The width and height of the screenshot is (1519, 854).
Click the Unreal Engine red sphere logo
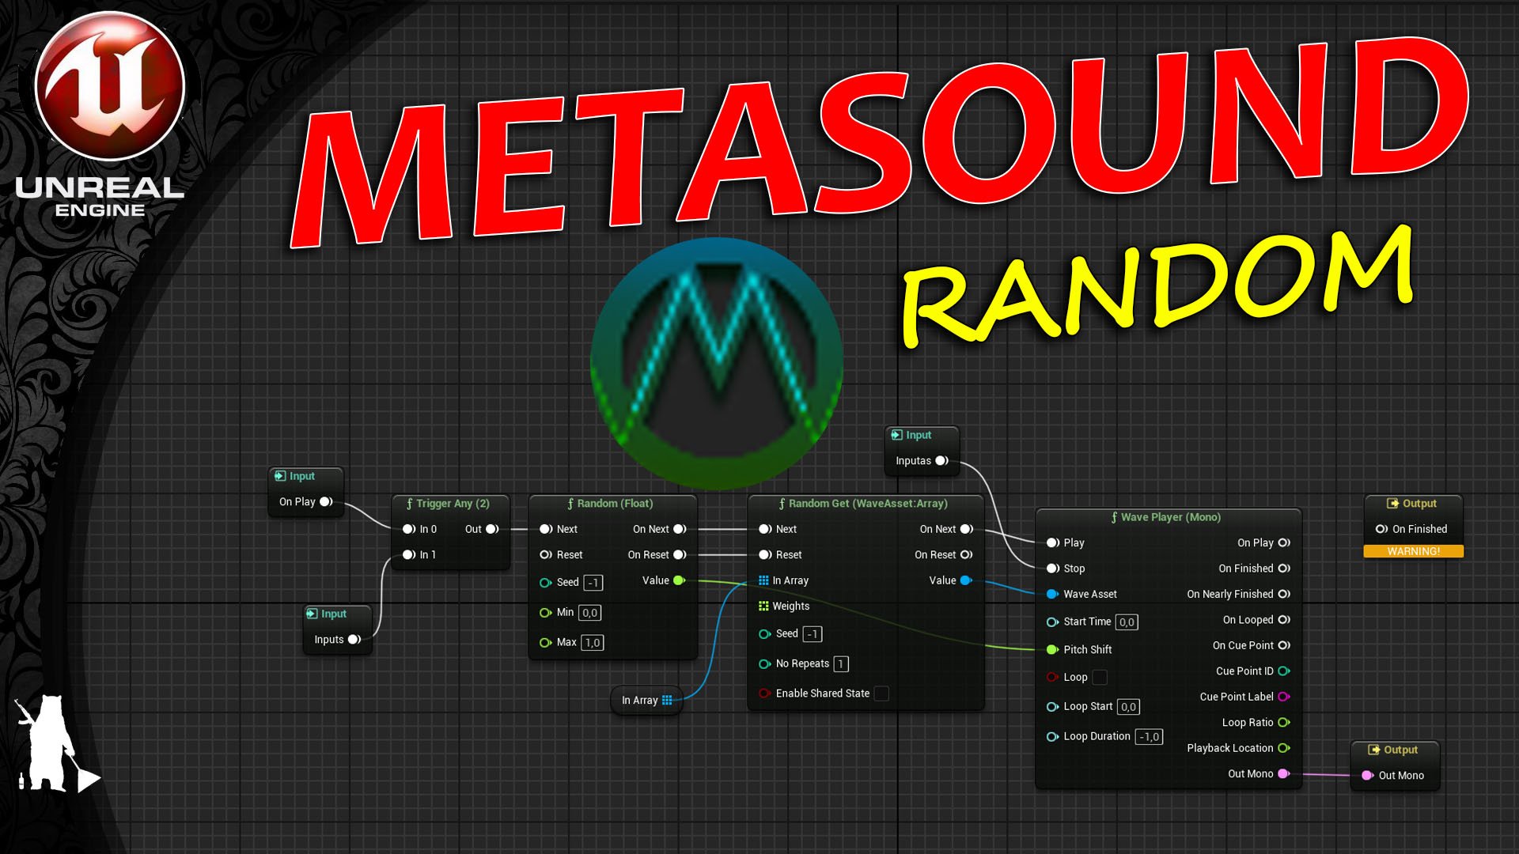[x=110, y=85]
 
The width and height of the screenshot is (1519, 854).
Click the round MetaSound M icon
[x=717, y=363]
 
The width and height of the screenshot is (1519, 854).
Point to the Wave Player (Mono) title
[x=1170, y=517]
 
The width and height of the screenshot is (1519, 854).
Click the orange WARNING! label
[x=1413, y=551]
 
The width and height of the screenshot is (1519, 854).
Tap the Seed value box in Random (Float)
[x=593, y=583]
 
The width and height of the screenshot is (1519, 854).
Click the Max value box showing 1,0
[x=592, y=643]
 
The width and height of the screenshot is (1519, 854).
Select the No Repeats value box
[x=841, y=664]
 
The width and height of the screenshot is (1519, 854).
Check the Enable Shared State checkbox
[x=881, y=693]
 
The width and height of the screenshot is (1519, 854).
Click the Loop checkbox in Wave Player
[x=1100, y=678]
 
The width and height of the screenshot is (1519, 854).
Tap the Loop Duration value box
[x=1149, y=737]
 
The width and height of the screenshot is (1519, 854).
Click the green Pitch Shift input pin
[x=1052, y=650]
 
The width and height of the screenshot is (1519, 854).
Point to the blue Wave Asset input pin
[x=1052, y=594]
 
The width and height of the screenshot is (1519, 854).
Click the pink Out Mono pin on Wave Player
[x=1283, y=774]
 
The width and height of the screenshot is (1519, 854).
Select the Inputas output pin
[x=941, y=461]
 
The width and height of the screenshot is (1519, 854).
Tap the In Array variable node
[x=646, y=701]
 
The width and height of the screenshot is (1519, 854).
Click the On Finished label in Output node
[x=1419, y=529]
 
